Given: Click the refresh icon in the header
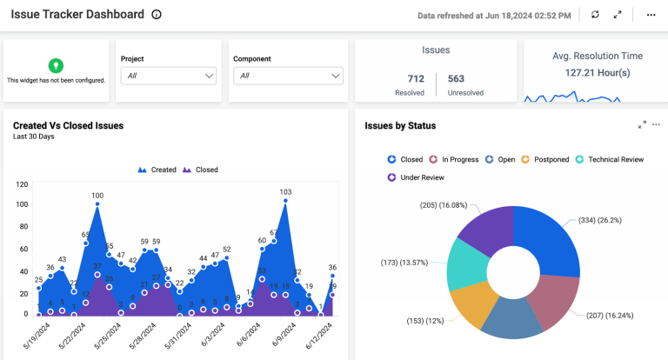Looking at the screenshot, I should (x=595, y=15).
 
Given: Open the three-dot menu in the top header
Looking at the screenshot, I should (x=651, y=15).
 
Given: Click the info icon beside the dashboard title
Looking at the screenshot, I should (x=157, y=15).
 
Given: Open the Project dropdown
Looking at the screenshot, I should (x=168, y=76).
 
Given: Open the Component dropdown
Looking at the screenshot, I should (x=288, y=76).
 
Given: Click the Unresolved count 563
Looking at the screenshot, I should (x=456, y=79).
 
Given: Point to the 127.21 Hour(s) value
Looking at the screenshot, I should (x=597, y=73).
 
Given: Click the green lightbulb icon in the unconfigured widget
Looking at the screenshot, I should (x=56, y=65).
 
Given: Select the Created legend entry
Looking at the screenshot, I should (x=157, y=170).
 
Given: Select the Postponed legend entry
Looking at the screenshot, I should (x=545, y=160).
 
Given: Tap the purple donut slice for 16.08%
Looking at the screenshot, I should (x=484, y=233).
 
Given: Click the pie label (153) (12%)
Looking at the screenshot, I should (x=425, y=321).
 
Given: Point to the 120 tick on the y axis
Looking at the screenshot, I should (x=23, y=184).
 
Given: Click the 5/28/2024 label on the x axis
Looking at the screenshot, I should (x=143, y=335).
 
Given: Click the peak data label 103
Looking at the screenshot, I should (x=284, y=191).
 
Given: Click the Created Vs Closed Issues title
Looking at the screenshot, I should (x=68, y=125).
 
